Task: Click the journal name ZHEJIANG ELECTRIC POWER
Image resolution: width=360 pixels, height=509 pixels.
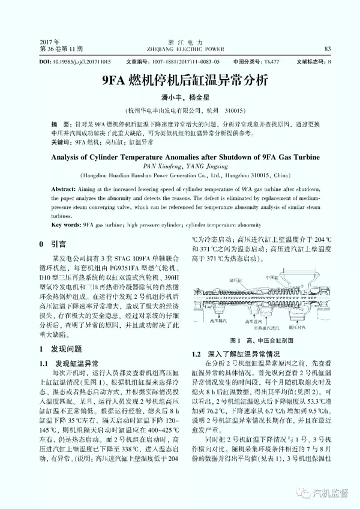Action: (x=180, y=49)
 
